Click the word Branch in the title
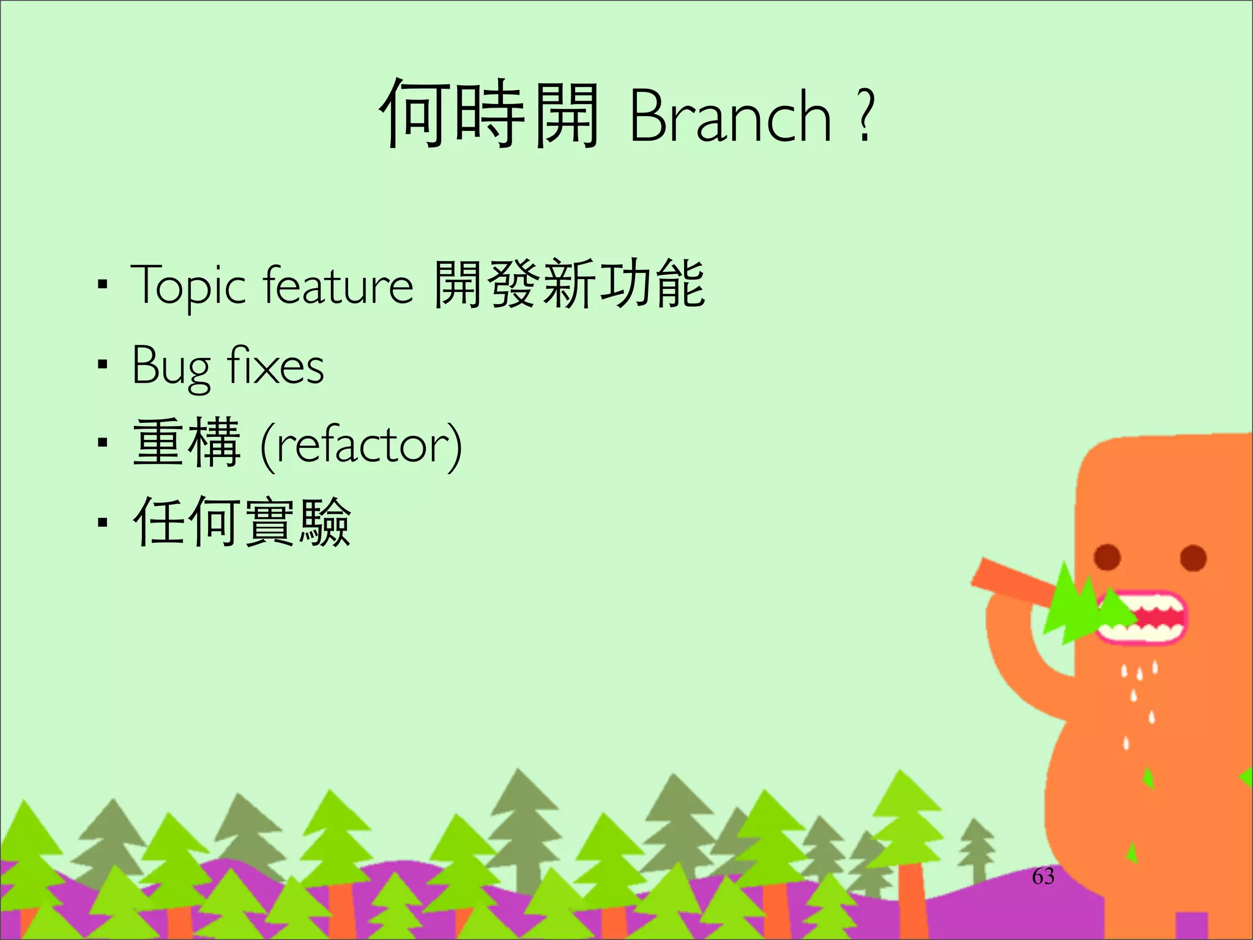coord(730,116)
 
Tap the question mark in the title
coord(864,116)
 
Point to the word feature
coord(338,285)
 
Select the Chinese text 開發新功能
coord(569,284)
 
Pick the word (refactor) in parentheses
coord(361,445)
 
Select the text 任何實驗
coord(242,521)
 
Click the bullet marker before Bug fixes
coord(102,365)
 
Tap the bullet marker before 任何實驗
coord(102,522)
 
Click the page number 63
coord(1043,876)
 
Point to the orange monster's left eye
coord(1107,557)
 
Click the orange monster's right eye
coord(1192,558)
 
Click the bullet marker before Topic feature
coord(102,285)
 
